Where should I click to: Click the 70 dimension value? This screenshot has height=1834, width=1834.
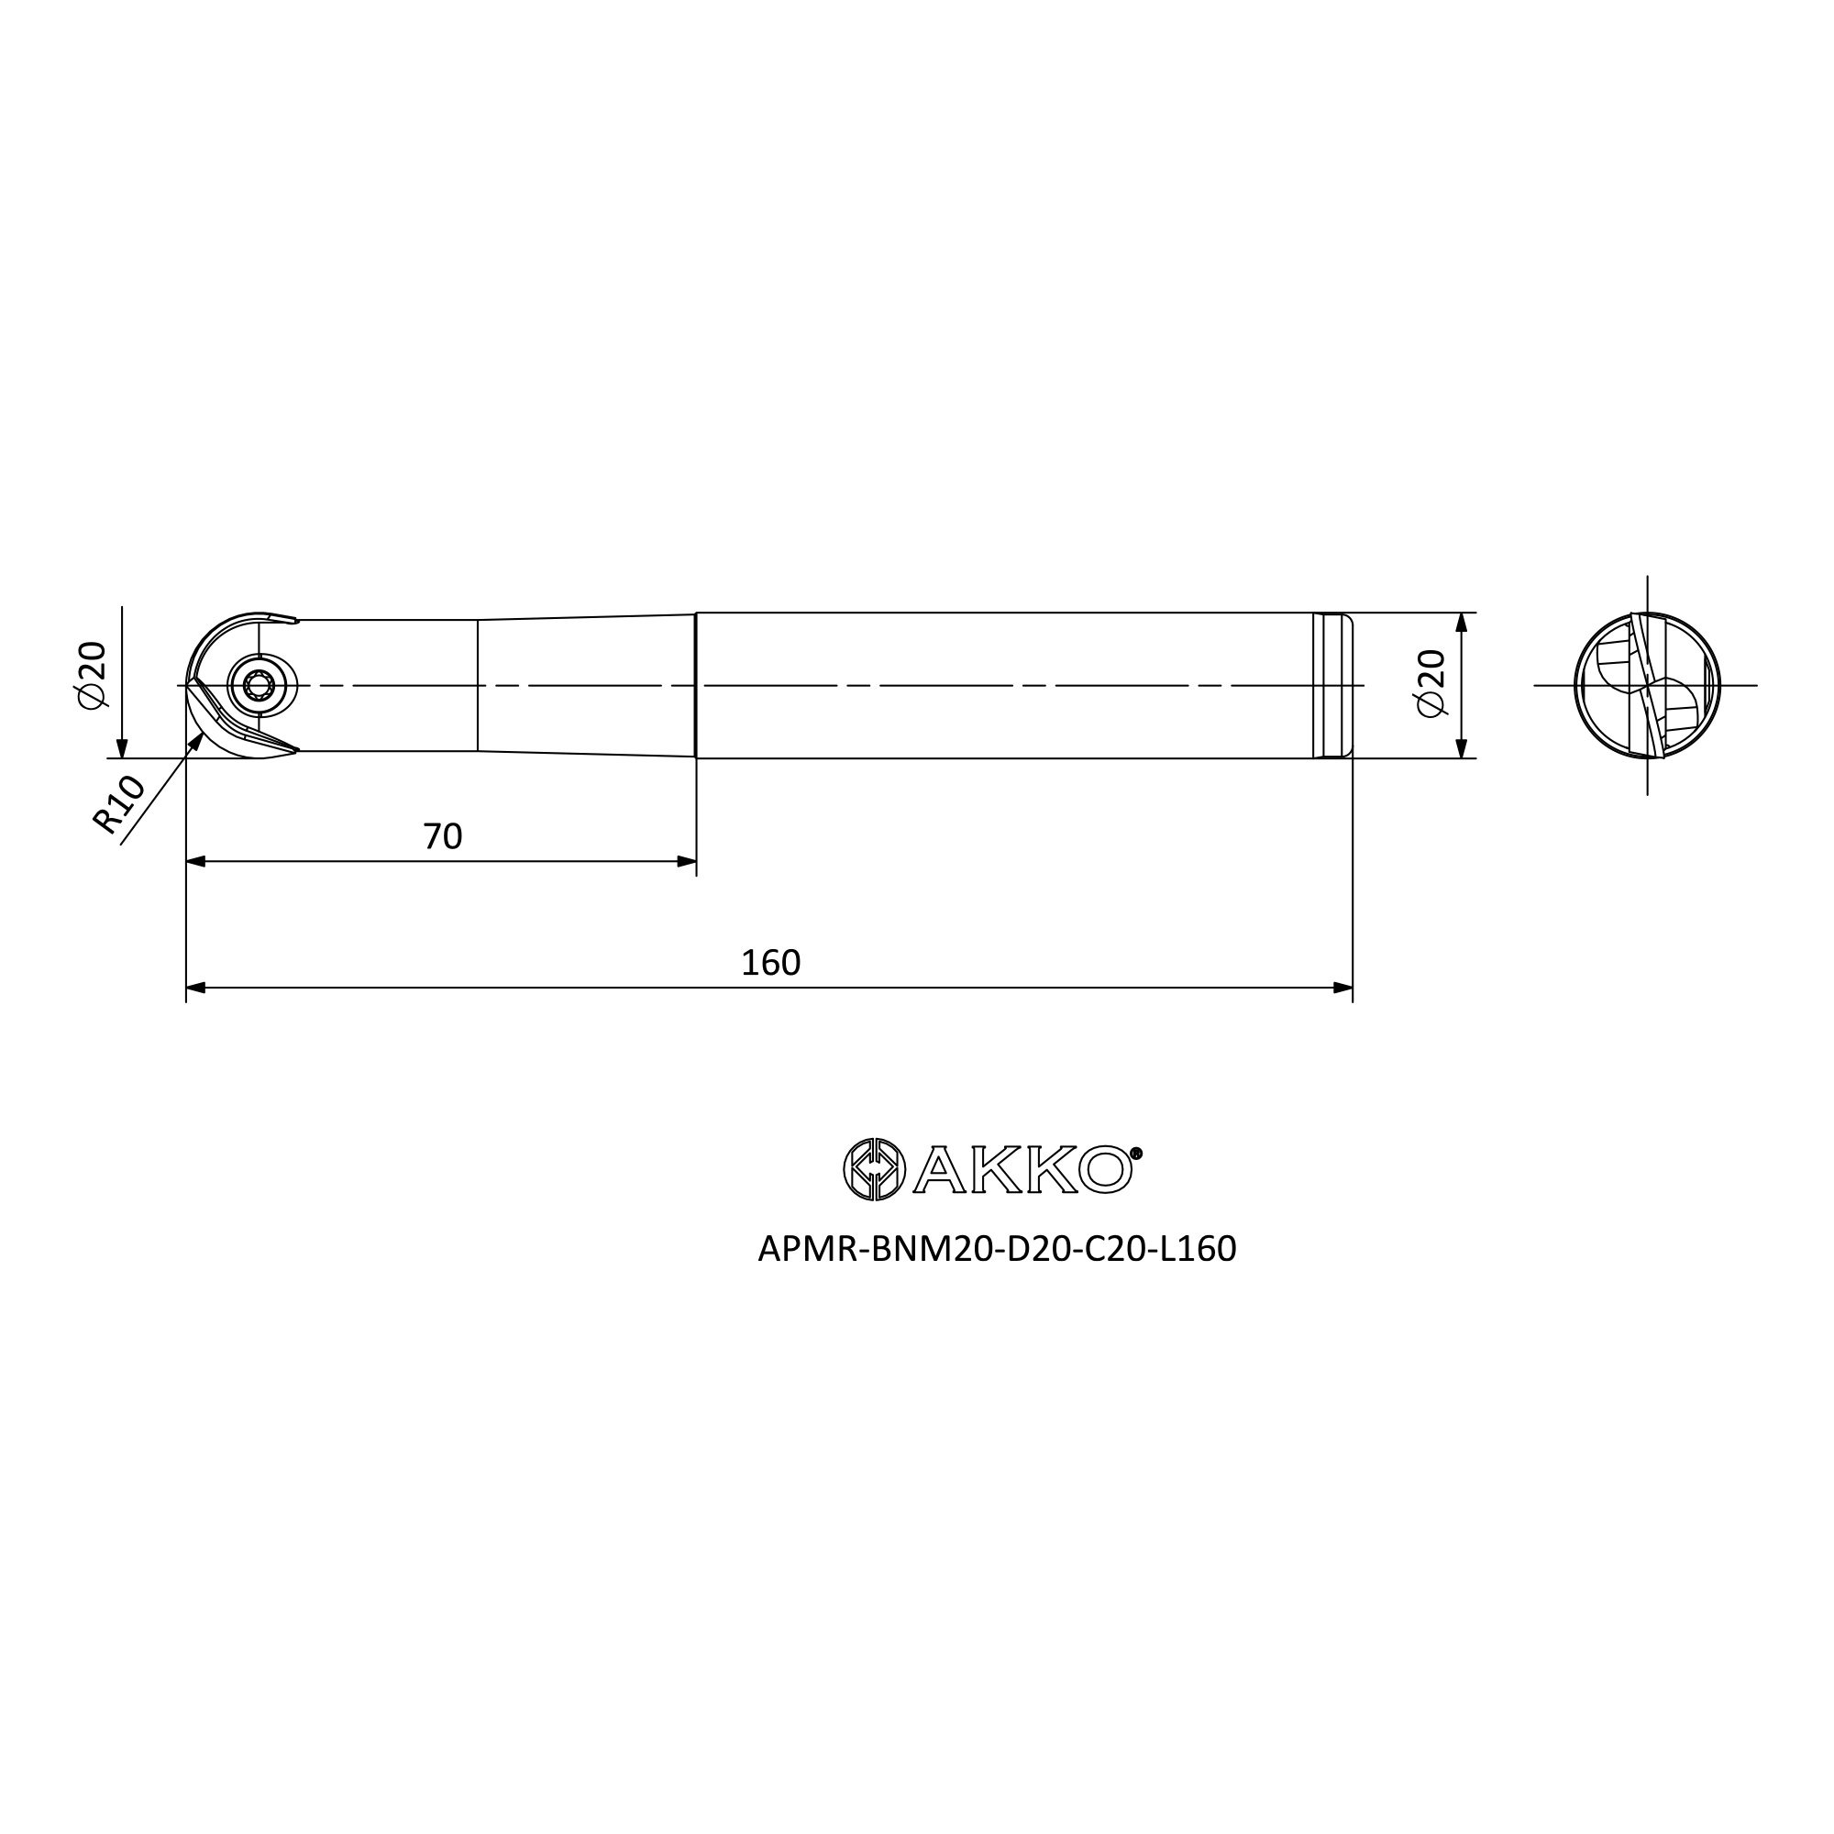442,836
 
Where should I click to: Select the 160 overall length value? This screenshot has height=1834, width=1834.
771,964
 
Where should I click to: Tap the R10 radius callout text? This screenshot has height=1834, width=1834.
118,805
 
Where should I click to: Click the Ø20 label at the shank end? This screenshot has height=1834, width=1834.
1430,683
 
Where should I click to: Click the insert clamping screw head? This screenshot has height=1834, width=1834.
260,685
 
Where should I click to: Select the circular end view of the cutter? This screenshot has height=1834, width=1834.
1647,685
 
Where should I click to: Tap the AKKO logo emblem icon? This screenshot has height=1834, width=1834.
874,1168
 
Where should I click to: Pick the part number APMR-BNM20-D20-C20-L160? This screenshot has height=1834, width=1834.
997,1249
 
